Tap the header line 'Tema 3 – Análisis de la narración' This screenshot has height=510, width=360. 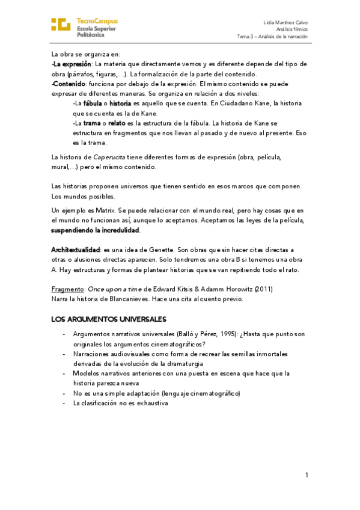click(x=272, y=35)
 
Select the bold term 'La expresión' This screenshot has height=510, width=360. click(x=72, y=64)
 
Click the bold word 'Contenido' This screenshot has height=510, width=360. click(x=70, y=84)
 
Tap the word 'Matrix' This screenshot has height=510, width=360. click(x=98, y=210)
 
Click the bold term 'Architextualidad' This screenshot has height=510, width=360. click(x=75, y=250)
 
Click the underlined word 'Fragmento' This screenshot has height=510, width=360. click(x=65, y=289)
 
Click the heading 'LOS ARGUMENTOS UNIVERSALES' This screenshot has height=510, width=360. click(x=108, y=319)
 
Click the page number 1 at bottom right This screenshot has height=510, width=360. click(x=307, y=475)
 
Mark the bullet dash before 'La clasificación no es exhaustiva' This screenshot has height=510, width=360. click(x=64, y=403)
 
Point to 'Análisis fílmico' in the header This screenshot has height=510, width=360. click(x=291, y=28)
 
